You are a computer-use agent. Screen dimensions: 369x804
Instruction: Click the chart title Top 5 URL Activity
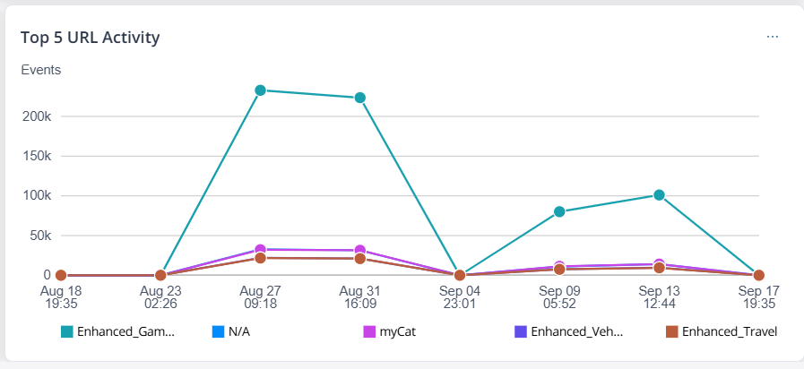click(91, 38)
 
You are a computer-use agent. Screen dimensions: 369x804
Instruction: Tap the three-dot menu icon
click(773, 37)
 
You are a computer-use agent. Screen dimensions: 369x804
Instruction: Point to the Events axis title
click(40, 69)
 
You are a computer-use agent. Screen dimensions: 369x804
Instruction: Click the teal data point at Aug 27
click(260, 90)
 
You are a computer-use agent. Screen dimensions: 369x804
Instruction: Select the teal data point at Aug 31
click(360, 98)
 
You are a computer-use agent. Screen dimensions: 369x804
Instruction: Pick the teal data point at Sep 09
click(559, 211)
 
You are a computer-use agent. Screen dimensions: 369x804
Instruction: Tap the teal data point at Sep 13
click(659, 194)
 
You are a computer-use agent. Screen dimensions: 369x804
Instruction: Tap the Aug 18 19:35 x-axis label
click(61, 297)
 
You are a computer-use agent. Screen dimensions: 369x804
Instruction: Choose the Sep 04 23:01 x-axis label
click(460, 297)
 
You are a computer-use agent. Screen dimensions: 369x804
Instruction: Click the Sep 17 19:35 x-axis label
click(758, 297)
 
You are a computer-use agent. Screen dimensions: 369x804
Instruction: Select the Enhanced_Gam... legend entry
click(117, 331)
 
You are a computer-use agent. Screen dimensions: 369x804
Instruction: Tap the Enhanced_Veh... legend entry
click(569, 331)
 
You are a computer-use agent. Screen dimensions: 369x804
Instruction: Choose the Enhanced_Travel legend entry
click(721, 331)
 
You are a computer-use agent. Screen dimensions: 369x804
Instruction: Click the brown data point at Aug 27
click(260, 258)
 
